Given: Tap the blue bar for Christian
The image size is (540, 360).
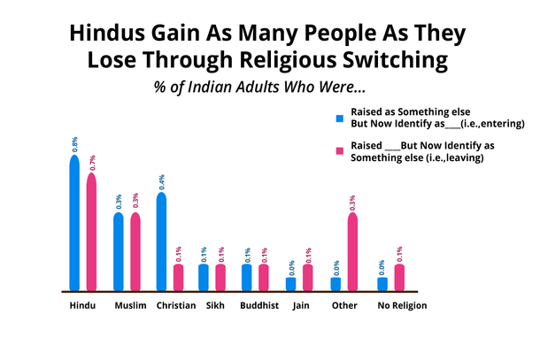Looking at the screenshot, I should coord(162,241).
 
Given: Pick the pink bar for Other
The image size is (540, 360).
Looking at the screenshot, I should coord(351,251).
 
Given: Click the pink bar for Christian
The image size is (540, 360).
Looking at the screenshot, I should coord(178,277).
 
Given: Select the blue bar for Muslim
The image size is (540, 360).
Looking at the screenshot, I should coord(119,251).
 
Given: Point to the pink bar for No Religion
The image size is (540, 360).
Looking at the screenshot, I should coord(398,277).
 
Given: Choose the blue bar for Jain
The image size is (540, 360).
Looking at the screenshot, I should coord(291,283).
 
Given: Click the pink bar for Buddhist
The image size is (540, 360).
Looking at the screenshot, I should coord(264,277).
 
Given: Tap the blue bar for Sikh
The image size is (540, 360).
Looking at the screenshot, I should coord(204,277).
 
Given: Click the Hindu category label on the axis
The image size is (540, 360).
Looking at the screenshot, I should coord(83,306).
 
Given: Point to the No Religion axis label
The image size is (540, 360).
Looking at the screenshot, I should coord(402,306).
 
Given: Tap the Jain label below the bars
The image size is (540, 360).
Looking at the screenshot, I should coord(300,306).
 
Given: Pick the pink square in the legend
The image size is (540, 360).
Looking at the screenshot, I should coord(338,151).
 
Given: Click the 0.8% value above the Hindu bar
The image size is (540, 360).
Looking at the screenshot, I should coord(74,145).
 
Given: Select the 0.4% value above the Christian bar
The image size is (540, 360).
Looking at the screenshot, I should coord(162,182).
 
